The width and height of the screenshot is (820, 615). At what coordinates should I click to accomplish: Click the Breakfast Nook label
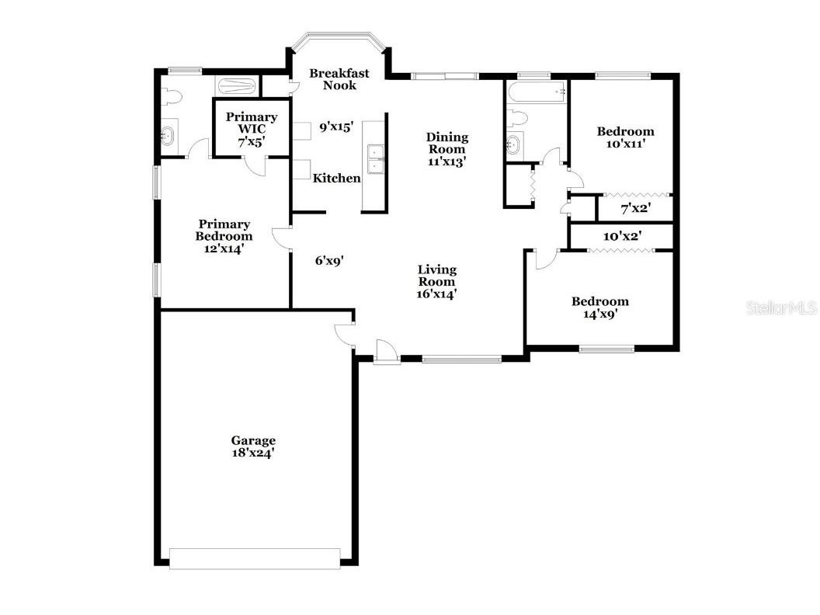[339, 79]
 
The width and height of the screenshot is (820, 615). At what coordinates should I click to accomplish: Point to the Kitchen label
[336, 179]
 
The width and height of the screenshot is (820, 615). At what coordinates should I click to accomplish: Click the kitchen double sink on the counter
[375, 158]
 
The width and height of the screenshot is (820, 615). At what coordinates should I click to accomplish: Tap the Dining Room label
[446, 143]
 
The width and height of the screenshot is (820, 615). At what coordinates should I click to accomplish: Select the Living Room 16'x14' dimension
[436, 294]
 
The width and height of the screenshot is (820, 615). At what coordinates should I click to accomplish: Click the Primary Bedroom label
[224, 231]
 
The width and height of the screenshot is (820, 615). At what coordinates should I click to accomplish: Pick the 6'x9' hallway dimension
[329, 262]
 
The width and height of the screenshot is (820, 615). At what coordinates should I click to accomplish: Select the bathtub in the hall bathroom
[537, 92]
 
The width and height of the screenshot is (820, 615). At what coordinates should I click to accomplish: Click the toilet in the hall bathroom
[516, 119]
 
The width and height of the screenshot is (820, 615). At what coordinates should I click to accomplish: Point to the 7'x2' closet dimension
[635, 208]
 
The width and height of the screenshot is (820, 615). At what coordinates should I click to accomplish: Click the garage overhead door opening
[255, 558]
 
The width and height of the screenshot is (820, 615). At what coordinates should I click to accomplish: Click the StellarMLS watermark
[781, 308]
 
